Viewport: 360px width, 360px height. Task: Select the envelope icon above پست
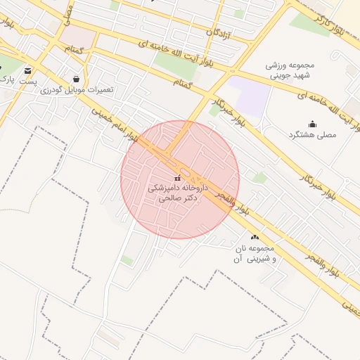(28, 71)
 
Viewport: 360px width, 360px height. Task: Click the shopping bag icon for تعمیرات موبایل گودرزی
(76, 78)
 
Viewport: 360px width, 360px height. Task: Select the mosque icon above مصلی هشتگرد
(312, 124)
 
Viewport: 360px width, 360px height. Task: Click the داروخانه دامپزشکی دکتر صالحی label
(175, 193)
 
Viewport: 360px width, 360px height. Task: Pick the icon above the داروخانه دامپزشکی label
(176, 178)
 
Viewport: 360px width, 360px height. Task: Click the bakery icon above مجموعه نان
(255, 238)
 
